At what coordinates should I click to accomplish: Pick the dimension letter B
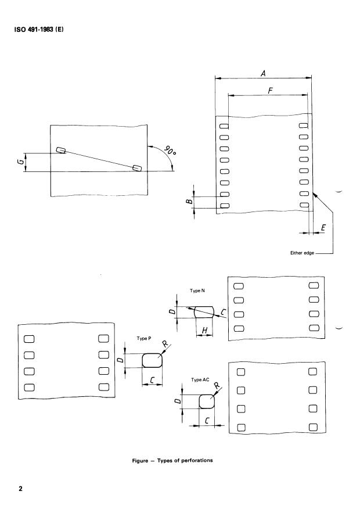(x=189, y=202)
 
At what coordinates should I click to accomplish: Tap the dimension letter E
(x=322, y=228)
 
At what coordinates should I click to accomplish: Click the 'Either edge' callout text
(x=301, y=253)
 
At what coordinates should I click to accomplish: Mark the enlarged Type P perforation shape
(x=152, y=360)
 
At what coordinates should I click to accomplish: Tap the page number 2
(x=21, y=488)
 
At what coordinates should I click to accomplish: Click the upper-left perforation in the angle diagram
(x=61, y=150)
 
